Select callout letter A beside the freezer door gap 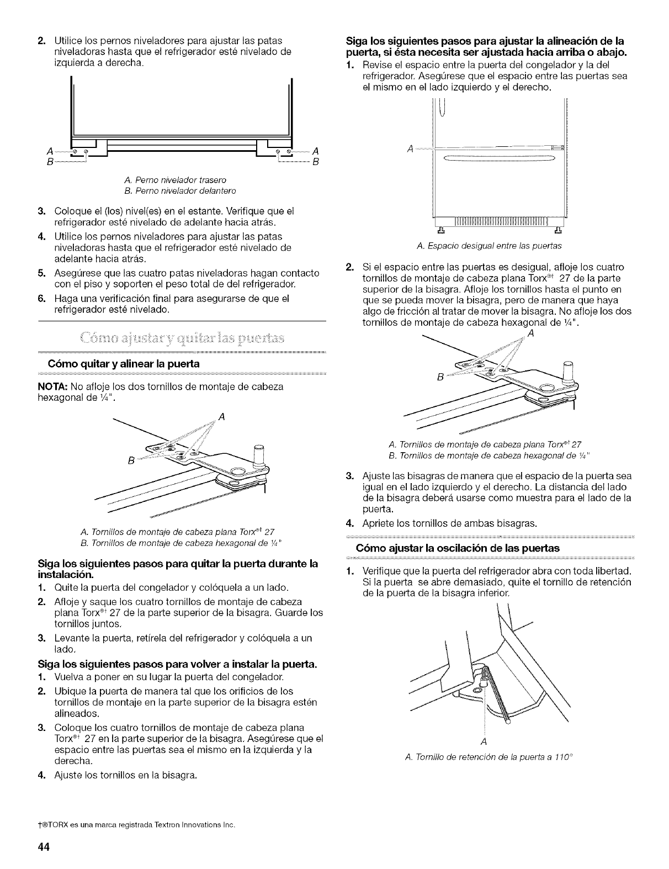[x=410, y=149]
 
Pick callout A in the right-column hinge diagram [x=530, y=333]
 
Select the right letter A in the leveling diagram [x=316, y=152]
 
